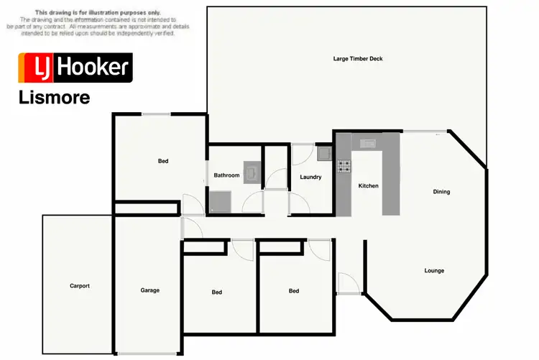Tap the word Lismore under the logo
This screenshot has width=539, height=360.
pos(54,98)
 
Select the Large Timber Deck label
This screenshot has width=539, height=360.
pos(357,58)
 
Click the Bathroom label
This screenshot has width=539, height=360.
pos(226,175)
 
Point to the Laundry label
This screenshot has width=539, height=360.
pos(310,177)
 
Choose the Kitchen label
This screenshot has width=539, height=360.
pos(368,185)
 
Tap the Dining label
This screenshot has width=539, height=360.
pos(441,191)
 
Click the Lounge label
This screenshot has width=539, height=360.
pos(433,270)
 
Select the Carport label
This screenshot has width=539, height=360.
pos(80,285)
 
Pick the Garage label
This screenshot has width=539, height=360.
pos(149,290)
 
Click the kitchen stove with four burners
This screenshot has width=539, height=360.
pos(344,167)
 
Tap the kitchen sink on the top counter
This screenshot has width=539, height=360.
pos(369,143)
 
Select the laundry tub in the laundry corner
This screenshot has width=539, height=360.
pos(323,152)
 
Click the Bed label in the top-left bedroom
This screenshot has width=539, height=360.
pos(163,161)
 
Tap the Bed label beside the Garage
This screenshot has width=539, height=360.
pos(217,292)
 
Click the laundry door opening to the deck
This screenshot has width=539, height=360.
pos(303,152)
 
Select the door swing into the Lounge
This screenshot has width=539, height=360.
pos(345,282)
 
